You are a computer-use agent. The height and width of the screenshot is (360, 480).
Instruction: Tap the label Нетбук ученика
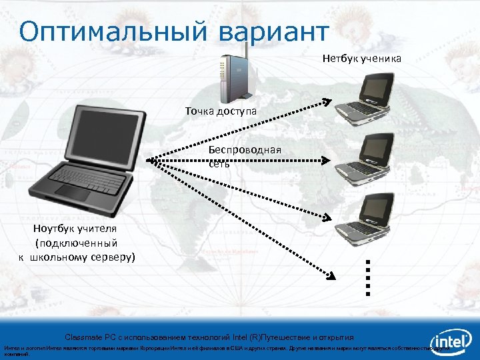362,59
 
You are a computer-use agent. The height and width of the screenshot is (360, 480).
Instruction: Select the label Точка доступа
221,110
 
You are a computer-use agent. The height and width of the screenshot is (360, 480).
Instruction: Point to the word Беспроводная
245,150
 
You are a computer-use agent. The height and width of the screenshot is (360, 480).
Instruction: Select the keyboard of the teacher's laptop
89,178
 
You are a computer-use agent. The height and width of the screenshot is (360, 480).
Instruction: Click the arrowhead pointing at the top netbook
327,102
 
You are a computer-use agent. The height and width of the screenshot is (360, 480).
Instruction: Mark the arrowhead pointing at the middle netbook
327,160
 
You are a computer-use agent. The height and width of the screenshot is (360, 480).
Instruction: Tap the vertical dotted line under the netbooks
367,277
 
